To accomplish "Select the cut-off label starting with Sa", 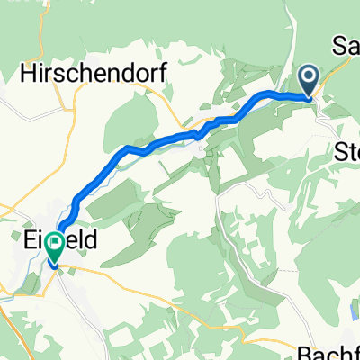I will (346, 44).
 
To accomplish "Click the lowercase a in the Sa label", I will (353, 44).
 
